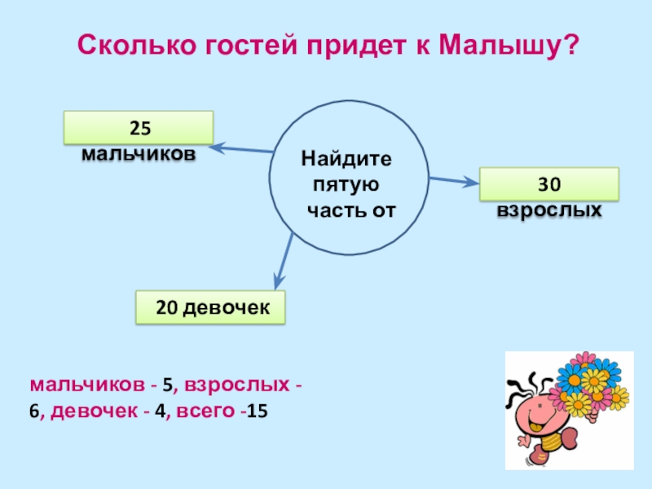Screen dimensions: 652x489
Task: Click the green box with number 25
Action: click(x=139, y=127)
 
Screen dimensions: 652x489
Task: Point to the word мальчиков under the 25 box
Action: click(x=138, y=153)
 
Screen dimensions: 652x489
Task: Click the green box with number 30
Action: click(x=548, y=184)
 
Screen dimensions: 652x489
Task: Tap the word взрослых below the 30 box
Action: click(x=549, y=209)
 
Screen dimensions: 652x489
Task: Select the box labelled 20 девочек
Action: click(x=210, y=308)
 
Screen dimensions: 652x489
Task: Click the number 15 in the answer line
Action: click(x=258, y=412)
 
